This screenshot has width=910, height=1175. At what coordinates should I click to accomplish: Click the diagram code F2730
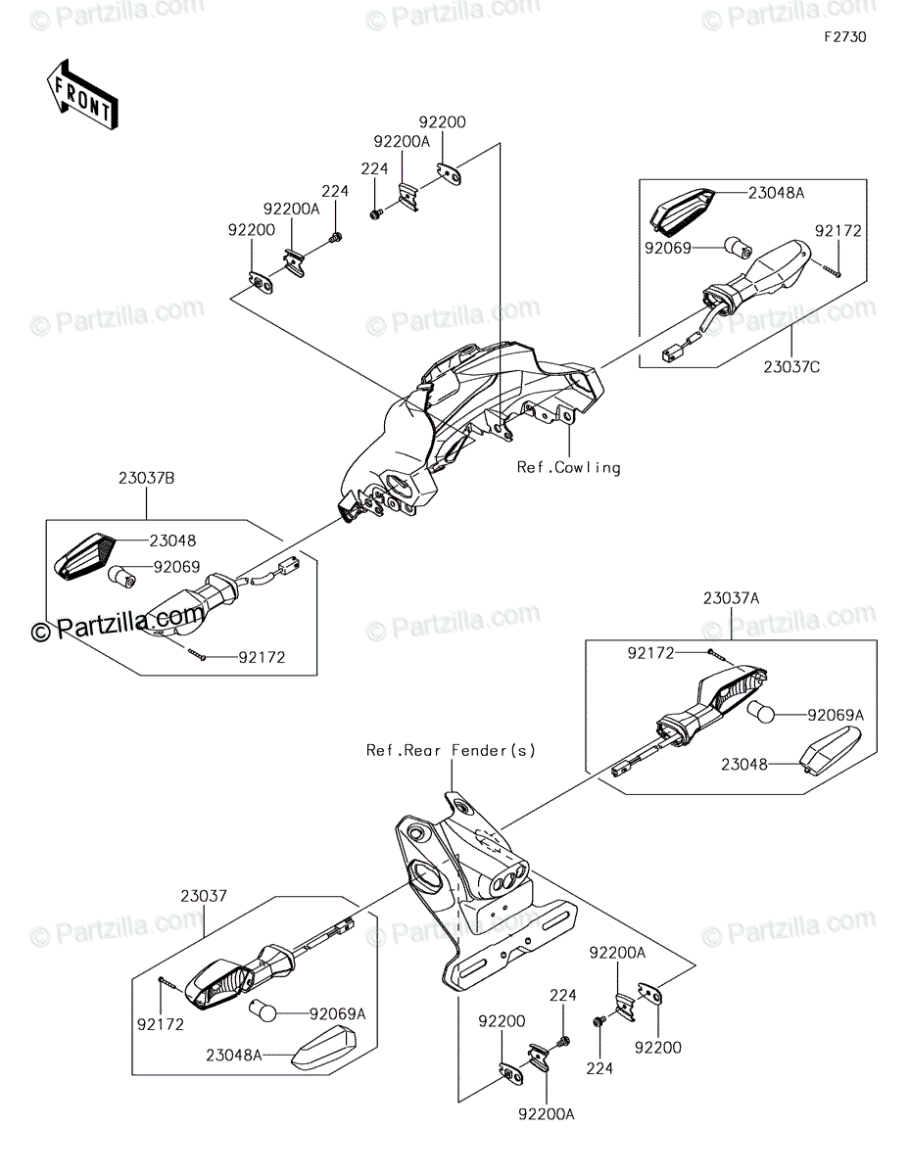click(x=844, y=37)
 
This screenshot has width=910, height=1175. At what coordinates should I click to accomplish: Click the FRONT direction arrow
click(x=82, y=95)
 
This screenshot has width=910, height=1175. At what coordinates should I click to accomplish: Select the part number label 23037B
click(x=147, y=479)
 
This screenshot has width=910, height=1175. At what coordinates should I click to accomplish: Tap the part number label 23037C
click(x=791, y=366)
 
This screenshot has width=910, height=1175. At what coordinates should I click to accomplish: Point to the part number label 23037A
click(x=732, y=598)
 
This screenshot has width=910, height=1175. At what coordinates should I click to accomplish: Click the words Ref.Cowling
click(x=569, y=467)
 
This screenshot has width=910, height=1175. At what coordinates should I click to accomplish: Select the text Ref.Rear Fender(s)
click(x=451, y=750)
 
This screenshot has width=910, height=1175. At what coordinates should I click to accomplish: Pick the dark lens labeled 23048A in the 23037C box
click(x=682, y=211)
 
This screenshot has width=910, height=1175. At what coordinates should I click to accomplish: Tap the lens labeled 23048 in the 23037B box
click(x=87, y=557)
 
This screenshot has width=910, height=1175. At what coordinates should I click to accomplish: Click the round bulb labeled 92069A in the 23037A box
click(x=761, y=712)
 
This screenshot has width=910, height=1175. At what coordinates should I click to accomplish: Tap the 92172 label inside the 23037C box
click(x=838, y=231)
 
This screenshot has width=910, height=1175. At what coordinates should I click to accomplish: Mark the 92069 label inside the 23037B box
click(x=177, y=567)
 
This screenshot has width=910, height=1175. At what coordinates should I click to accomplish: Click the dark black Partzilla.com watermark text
click(x=118, y=623)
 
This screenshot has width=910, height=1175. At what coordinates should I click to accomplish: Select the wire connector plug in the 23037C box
click(x=669, y=355)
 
